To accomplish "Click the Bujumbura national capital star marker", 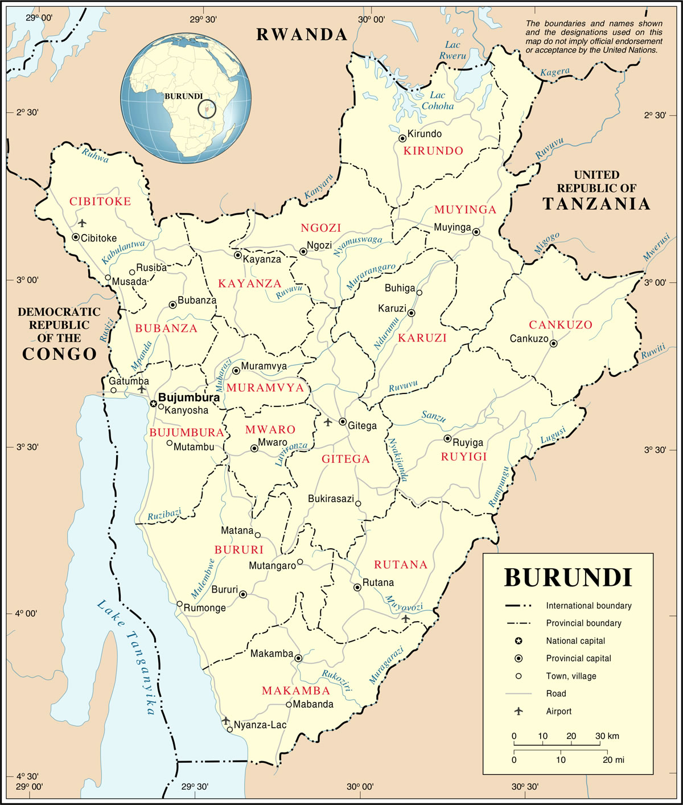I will pyautogui.click(x=153, y=403).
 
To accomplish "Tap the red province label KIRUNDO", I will pyautogui.click(x=433, y=151).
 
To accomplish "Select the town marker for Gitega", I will pyautogui.click(x=343, y=422).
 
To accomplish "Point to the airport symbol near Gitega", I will pyautogui.click(x=328, y=422).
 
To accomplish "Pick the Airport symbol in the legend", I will pyautogui.click(x=519, y=711).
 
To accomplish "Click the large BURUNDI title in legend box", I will pyautogui.click(x=568, y=577).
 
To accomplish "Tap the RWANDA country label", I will pyautogui.click(x=302, y=35).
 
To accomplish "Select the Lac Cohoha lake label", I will pyautogui.click(x=438, y=101).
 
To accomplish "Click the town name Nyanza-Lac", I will pyautogui.click(x=260, y=725).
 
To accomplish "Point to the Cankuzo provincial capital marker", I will pyautogui.click(x=553, y=343).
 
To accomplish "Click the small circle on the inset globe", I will pyautogui.click(x=207, y=109).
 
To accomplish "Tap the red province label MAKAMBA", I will pyautogui.click(x=295, y=691).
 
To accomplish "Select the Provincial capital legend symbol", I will pyautogui.click(x=519, y=658).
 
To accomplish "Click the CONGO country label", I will pyautogui.click(x=59, y=354).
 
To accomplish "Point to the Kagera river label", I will pyautogui.click(x=554, y=73).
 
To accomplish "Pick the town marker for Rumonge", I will pyautogui.click(x=179, y=604).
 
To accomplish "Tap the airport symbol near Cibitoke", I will pyautogui.click(x=83, y=223).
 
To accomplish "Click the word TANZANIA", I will pyautogui.click(x=596, y=204).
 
